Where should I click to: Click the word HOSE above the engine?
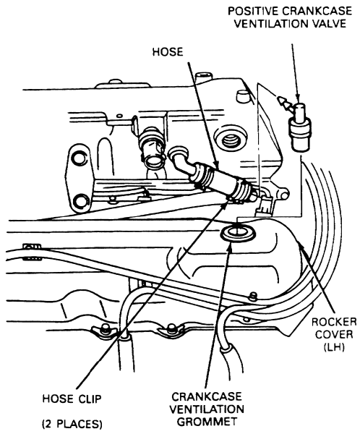tap(168, 52)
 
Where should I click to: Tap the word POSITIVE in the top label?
tap(252, 11)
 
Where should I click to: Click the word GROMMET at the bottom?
tap(207, 422)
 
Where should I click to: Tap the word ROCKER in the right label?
tap(334, 322)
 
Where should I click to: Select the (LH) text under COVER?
tap(334, 346)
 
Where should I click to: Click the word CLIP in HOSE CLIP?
tap(87, 399)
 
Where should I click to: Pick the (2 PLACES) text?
tap(72, 424)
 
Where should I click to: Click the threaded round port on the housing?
tap(231, 140)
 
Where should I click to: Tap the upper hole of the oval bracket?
tap(78, 158)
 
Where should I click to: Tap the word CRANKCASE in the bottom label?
tap(207, 396)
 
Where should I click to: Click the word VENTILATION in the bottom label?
tap(207, 409)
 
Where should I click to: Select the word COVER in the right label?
tap(334, 334)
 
